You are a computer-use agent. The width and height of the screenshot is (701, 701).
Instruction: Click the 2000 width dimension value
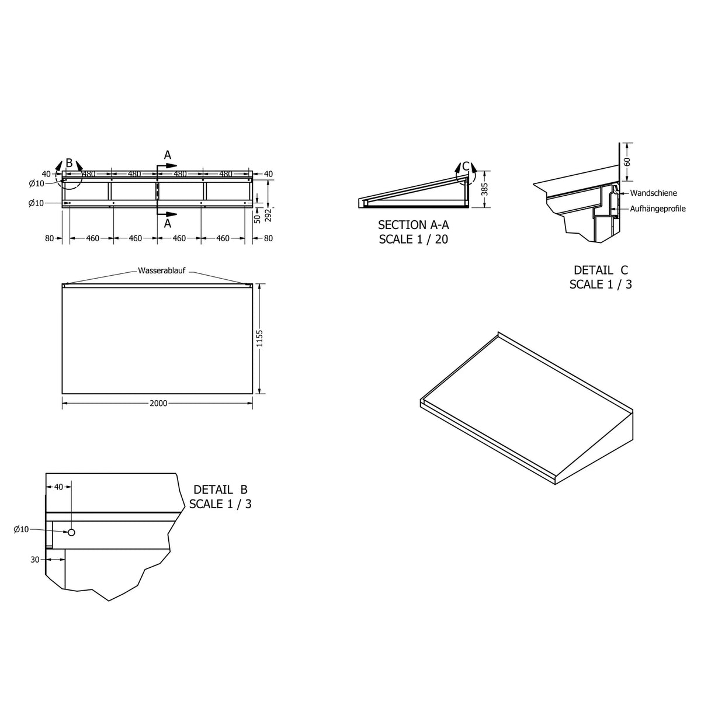(x=158, y=403)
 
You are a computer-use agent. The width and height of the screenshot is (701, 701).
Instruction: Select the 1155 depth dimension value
(x=260, y=338)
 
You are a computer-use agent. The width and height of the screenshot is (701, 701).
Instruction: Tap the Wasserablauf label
(x=162, y=270)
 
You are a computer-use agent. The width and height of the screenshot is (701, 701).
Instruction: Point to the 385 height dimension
(x=484, y=189)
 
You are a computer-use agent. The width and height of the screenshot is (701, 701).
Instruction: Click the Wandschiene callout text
(x=653, y=193)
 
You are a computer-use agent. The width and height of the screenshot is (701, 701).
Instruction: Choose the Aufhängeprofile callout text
(x=658, y=209)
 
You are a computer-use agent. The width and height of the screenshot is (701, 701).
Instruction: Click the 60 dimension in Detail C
(x=627, y=162)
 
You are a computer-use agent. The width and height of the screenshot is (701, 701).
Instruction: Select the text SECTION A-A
(x=413, y=225)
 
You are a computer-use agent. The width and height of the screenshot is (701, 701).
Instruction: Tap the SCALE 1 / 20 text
(x=413, y=240)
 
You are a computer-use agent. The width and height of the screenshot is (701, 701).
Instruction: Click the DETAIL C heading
(x=601, y=270)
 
